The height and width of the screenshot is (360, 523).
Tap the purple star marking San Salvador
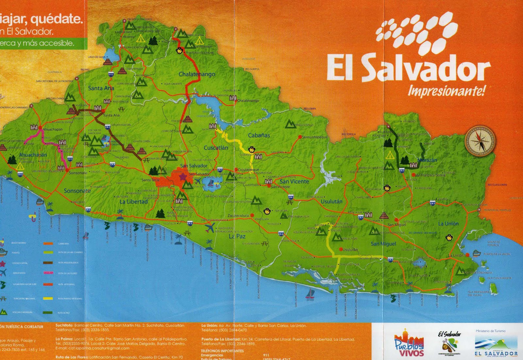click(x=182, y=176)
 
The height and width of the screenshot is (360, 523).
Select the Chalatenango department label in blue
click(x=197, y=74)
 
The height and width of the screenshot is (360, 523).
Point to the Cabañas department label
click(x=259, y=135)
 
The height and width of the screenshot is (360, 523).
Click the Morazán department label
click(x=427, y=160)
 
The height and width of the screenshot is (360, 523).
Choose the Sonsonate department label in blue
click(x=77, y=190)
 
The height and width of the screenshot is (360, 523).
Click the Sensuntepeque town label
click(x=314, y=137)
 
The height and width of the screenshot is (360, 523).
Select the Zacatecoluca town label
click(x=238, y=216)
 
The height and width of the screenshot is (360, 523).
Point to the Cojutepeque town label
click(x=248, y=170)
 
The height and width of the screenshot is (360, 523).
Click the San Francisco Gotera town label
click(x=431, y=175)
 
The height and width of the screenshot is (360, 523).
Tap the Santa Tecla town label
click(x=150, y=180)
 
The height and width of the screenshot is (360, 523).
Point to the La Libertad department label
click(x=133, y=202)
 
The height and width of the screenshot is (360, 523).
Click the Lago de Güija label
click(x=97, y=57)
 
